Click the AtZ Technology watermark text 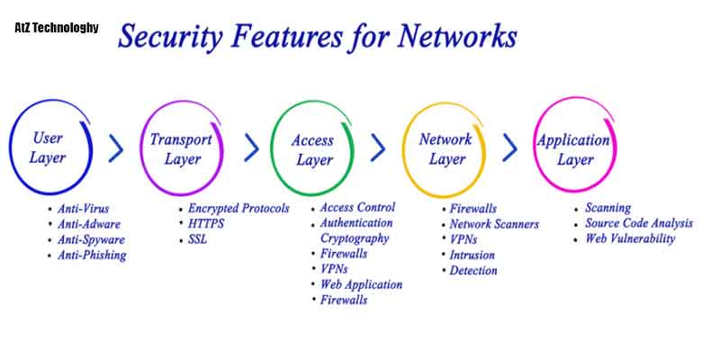pos(57,29)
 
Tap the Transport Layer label pos(181,149)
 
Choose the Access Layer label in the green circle pos(312,150)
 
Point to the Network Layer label pos(445,149)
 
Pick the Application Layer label pos(573,149)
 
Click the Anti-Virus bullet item pos(83,208)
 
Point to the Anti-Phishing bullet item pos(92,256)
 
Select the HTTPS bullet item pos(206,223)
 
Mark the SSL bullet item pos(199,238)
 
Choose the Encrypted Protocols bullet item pos(238,208)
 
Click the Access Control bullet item pos(357,208)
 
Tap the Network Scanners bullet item pos(494,224)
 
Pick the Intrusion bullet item pos(472,255)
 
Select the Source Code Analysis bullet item pos(639,223)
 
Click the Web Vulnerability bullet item pos(630,238)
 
